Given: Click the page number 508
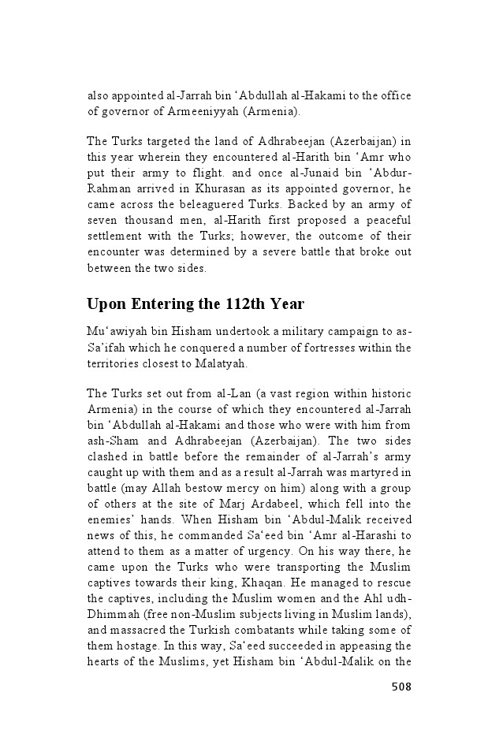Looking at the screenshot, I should [x=401, y=687].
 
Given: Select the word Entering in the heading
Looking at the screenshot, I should [x=162, y=303].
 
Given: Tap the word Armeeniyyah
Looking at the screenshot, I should [x=205, y=111].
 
